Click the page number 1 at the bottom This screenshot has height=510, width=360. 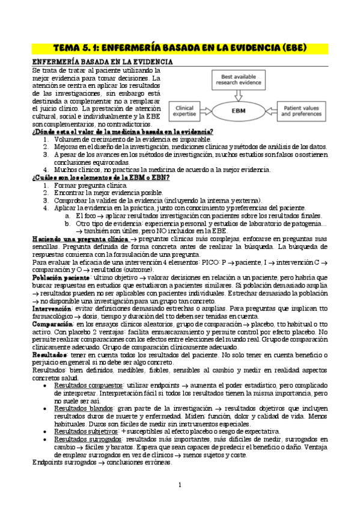[180, 485]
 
